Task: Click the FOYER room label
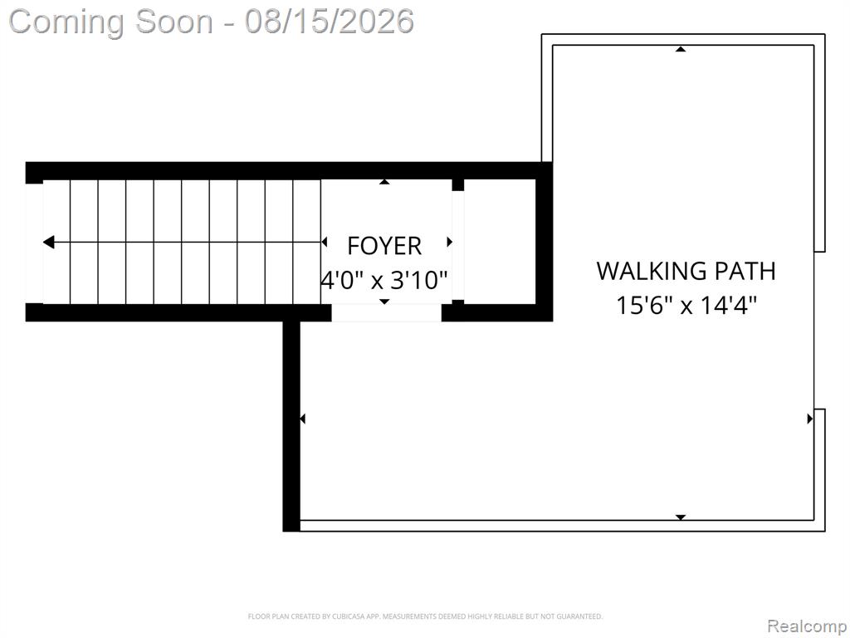(384, 246)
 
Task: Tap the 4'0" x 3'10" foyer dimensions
(384, 281)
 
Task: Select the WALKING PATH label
(686, 271)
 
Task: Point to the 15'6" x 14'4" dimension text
(686, 305)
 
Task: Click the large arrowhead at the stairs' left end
(48, 242)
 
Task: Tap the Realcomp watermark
(807, 626)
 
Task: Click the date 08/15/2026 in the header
(329, 22)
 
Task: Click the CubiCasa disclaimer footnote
(425, 616)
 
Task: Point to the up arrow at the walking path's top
(681, 49)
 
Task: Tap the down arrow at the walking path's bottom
(681, 517)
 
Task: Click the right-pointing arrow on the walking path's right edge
(810, 419)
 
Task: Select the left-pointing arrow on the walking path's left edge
(302, 419)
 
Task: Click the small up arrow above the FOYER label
(384, 182)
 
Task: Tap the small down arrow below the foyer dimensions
(384, 301)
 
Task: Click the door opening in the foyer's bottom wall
(387, 312)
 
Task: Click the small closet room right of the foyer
(500, 242)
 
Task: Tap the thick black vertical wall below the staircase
(291, 426)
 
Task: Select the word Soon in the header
(174, 22)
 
